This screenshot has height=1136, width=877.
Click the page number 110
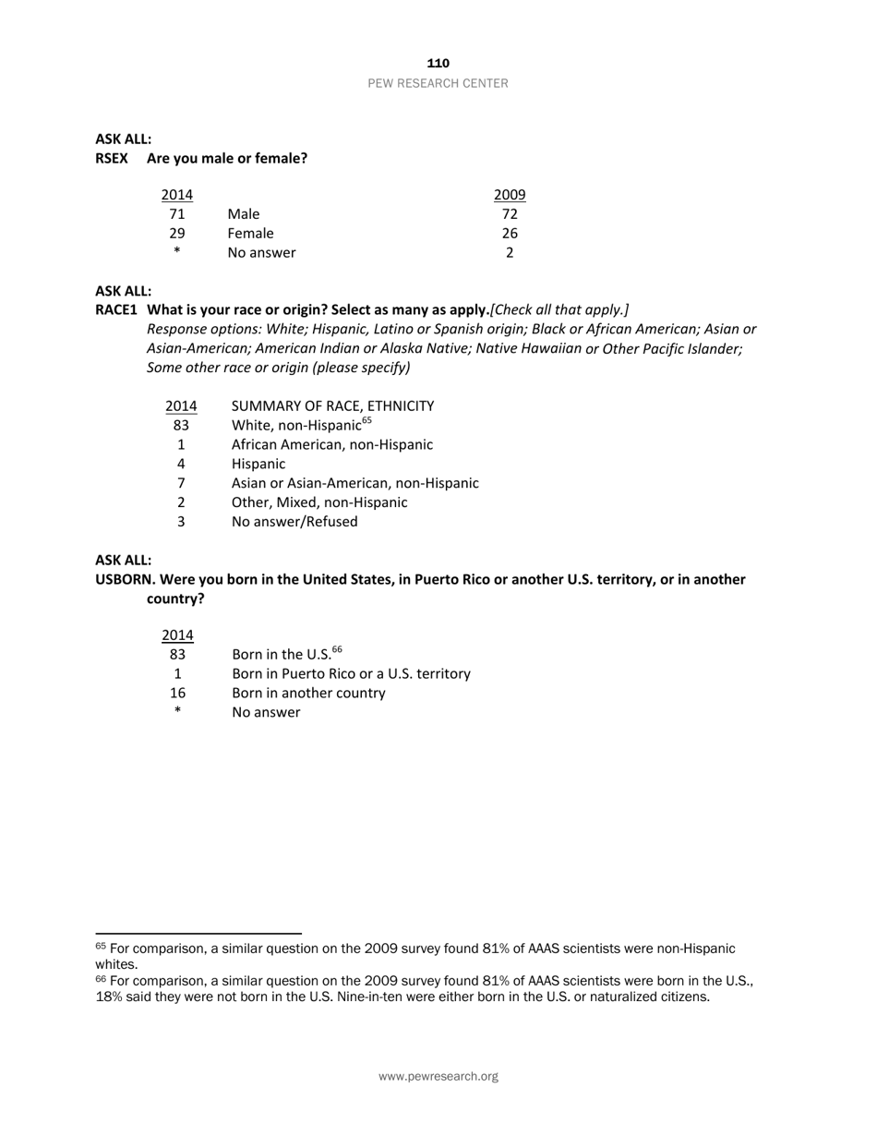(438, 63)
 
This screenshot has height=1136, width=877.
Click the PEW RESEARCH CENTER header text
(438, 83)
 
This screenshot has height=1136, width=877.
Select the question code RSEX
(112, 158)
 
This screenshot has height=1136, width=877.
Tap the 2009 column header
(510, 195)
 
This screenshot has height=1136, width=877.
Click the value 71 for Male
(176, 214)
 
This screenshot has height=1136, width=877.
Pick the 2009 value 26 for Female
(510, 234)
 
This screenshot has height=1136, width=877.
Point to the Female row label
(250, 234)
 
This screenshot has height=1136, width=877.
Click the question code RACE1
(116, 309)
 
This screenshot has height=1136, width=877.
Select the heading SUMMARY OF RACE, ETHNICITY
(332, 406)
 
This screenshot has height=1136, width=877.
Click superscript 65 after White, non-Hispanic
(366, 421)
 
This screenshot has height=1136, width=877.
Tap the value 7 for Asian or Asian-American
(181, 483)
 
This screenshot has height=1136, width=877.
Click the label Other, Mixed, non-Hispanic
(318, 502)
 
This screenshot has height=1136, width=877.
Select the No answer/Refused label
(294, 522)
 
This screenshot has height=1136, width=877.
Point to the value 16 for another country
(177, 694)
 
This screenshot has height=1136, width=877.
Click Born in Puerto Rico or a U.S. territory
(351, 674)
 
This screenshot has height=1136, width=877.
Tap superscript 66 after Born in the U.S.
(337, 650)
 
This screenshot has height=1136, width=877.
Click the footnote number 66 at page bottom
(101, 979)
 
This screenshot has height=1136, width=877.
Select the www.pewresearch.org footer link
(438, 1077)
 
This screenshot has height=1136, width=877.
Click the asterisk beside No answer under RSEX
(176, 252)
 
